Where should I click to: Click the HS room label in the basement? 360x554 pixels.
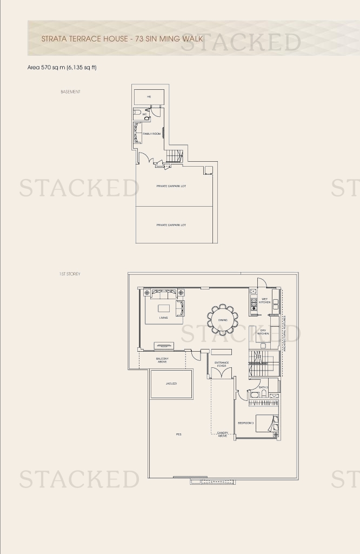coord(149,97)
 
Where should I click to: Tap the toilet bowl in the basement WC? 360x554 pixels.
coord(137,114)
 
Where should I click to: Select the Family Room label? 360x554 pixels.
coord(151,133)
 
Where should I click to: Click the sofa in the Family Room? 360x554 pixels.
coord(137,133)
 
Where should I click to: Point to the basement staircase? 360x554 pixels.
coord(174,157)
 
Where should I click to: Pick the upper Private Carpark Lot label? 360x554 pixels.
coord(171,186)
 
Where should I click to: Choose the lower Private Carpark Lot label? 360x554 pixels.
coord(171,225)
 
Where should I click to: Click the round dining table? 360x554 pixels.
coord(222,320)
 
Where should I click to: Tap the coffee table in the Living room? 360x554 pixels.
coord(163,308)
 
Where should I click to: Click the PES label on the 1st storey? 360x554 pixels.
coord(178,434)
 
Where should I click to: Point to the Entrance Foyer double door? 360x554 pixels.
coord(222,373)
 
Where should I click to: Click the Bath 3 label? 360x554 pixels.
coord(263,387)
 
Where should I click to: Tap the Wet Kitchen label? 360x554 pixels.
coord(265,300)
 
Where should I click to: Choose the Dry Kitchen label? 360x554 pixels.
coord(263,332)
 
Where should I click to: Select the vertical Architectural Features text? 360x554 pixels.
coord(284,334)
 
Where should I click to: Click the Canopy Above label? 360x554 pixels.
coord(222,434)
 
